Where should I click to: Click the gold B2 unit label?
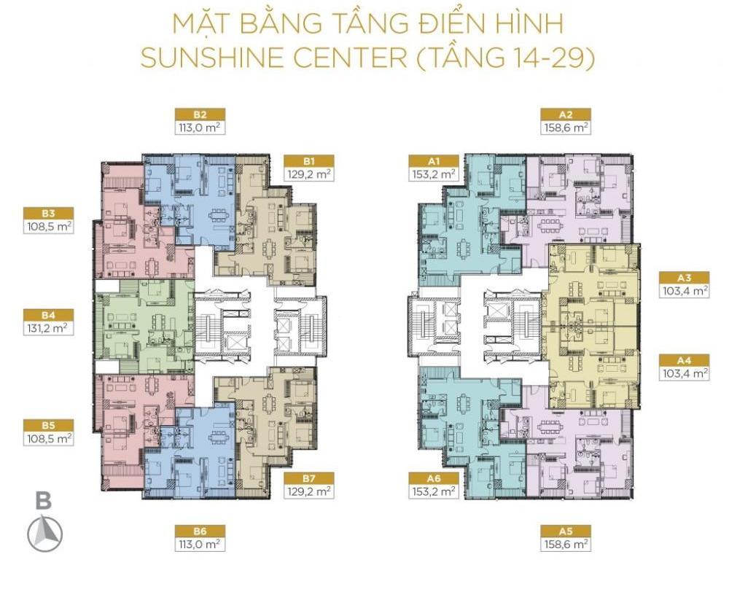(200, 114)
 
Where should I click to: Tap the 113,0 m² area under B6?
(200, 544)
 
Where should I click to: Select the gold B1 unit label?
(309, 161)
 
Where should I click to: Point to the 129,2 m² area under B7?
(309, 491)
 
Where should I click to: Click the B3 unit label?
(48, 214)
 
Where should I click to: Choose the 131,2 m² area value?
(48, 328)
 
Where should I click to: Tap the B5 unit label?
(48, 425)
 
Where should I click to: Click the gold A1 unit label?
(434, 161)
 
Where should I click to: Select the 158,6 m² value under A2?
(566, 128)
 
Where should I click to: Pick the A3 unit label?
(684, 278)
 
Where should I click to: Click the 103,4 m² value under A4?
(684, 373)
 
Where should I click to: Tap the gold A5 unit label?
(566, 531)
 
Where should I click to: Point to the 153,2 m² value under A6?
(434, 491)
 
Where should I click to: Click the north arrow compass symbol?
(44, 534)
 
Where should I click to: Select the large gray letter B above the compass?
(44, 501)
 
